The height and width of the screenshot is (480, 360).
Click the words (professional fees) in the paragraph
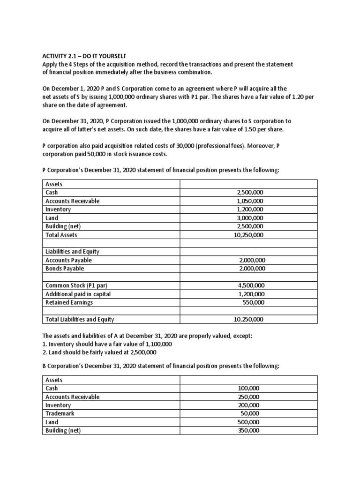240,146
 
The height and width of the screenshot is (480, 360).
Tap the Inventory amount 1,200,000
250,209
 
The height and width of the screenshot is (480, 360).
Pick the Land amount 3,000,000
250,217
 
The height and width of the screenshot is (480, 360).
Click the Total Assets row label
61,235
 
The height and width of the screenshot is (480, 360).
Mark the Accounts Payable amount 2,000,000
252,260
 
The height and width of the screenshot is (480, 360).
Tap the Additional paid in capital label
78,294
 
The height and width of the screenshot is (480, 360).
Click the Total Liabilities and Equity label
80,319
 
